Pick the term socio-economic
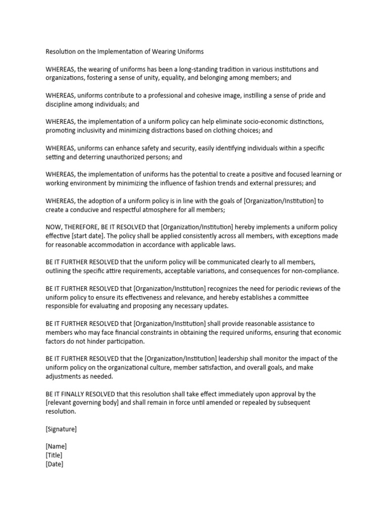pyautogui.click(x=271, y=122)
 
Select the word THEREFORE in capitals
pyautogui.click(x=84, y=227)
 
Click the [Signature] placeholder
pyautogui.click(x=61, y=429)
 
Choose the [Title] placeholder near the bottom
pyautogui.click(x=54, y=455)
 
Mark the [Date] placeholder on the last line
pyautogui.click(x=55, y=464)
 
